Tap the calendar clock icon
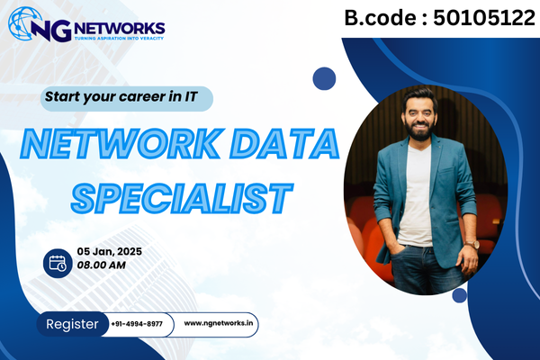point(56,263)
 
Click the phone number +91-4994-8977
point(137,324)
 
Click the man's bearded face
point(418,120)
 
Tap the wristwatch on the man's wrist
point(470,243)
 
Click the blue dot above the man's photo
point(324,78)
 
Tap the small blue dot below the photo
point(460,295)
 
